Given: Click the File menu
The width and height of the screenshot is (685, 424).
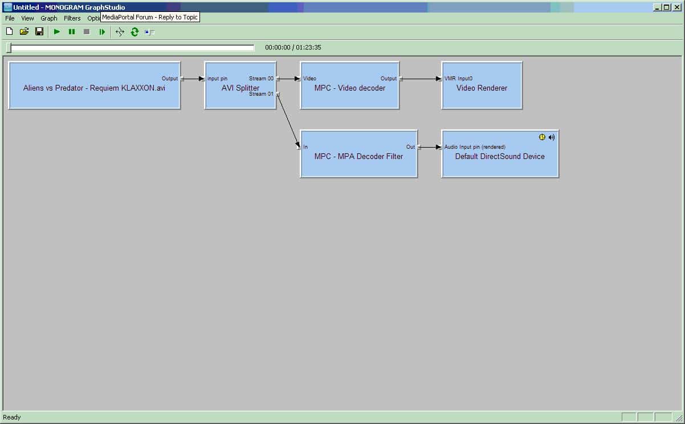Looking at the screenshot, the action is [x=10, y=18].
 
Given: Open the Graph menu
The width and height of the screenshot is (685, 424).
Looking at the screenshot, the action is [x=49, y=18].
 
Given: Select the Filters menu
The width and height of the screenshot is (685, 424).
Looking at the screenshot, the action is [x=72, y=18].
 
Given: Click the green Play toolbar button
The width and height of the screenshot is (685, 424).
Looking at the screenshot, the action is [x=56, y=32].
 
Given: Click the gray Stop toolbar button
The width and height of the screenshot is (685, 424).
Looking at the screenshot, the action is [x=87, y=32].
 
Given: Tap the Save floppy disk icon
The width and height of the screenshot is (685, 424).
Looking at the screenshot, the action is [x=39, y=31].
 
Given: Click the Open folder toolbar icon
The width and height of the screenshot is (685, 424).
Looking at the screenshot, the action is [x=24, y=31].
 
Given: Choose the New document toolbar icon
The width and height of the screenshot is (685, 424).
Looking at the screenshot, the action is [x=10, y=31].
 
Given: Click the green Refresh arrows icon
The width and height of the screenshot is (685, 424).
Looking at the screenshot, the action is [x=134, y=32].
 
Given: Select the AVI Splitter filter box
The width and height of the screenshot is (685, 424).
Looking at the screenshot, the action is [x=240, y=85].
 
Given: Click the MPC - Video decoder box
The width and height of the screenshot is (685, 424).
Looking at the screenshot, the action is [x=349, y=85].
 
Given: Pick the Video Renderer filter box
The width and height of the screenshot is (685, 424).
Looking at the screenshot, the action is [x=482, y=85].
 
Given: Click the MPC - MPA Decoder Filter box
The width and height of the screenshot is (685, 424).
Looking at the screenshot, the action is [x=358, y=154].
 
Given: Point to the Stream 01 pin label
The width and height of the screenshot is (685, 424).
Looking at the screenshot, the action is [x=261, y=94].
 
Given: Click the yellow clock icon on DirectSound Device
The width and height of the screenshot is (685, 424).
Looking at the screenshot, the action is [x=542, y=137].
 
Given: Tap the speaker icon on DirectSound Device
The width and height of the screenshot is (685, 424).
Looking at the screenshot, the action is [x=552, y=137].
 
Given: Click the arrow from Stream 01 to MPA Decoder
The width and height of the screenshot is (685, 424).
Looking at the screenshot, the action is [x=288, y=120].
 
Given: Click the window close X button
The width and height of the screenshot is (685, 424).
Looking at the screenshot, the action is [x=677, y=7].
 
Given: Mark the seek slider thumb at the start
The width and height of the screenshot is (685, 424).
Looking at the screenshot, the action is [x=9, y=47].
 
